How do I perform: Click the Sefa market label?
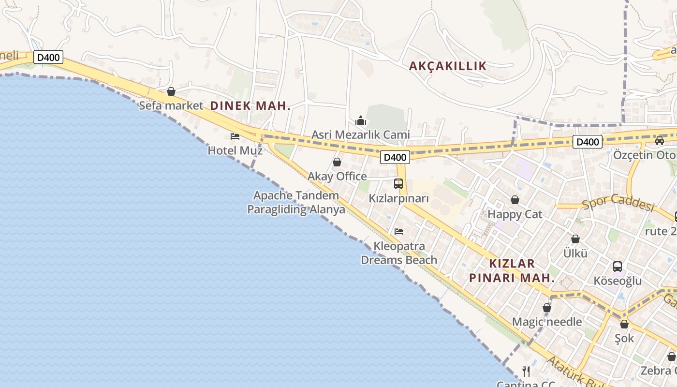tap(171, 105)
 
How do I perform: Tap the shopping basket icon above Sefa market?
tap(171, 91)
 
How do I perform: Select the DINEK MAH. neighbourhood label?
tap(250, 105)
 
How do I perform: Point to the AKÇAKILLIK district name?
tap(448, 66)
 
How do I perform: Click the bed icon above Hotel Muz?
tap(235, 136)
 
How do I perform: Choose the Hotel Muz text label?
tap(235, 150)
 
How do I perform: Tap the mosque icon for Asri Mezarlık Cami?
tap(360, 120)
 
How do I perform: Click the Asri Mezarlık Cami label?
tap(360, 134)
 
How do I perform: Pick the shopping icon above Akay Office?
tap(337, 162)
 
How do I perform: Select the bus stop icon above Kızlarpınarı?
tap(398, 184)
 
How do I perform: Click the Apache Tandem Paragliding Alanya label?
tap(296, 203)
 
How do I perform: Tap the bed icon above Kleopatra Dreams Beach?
tap(399, 232)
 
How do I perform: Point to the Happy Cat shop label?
tap(515, 214)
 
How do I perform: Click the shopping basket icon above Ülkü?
tap(575, 239)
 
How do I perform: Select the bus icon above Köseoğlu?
tap(618, 266)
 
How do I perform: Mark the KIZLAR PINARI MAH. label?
tap(512, 270)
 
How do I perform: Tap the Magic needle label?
tap(547, 322)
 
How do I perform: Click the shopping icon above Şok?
tap(624, 324)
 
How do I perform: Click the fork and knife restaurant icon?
tap(526, 372)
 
